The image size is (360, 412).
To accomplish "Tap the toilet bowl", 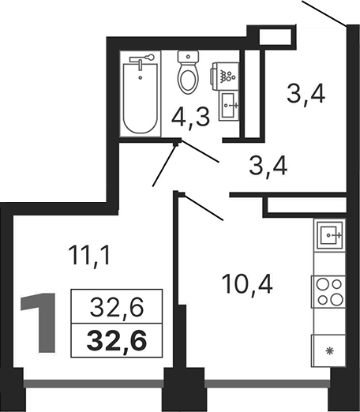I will [x=188, y=76].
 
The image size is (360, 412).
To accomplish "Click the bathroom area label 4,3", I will [x=189, y=118].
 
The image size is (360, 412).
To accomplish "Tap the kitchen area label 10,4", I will [x=245, y=282].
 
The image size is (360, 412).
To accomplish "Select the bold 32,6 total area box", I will [x=111, y=342].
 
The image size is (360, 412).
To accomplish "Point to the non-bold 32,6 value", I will [x=111, y=305].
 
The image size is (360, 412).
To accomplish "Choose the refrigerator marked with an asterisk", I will [x=328, y=348].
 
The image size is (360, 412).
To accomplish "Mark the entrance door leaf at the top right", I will [x=324, y=12].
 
